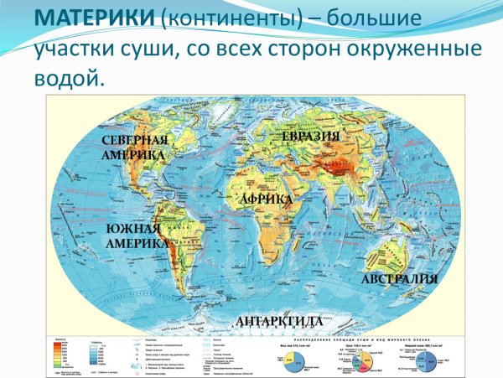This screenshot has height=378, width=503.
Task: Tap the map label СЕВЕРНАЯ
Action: click(x=135, y=140)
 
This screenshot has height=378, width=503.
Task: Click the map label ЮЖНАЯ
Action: click(x=133, y=229)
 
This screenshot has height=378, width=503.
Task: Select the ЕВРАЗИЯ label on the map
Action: click(x=311, y=136)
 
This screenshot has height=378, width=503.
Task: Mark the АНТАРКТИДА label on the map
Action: click(x=279, y=322)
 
